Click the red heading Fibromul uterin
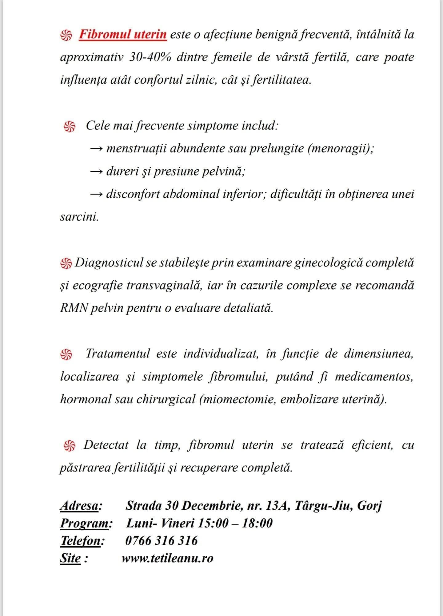pyautogui.click(x=123, y=34)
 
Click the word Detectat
pyautogui.click(x=106, y=445)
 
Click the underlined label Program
pyautogui.click(x=85, y=523)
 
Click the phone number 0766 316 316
pyautogui.click(x=162, y=541)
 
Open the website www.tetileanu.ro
pyautogui.click(x=167, y=558)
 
